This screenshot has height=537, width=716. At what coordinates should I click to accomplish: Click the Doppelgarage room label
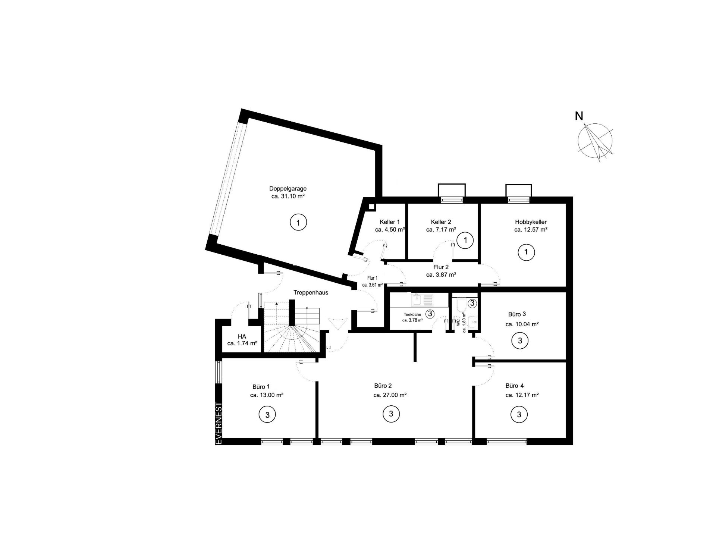click(288, 189)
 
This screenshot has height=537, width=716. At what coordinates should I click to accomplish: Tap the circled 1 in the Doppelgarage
click(298, 223)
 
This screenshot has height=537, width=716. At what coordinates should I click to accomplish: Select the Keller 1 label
click(390, 222)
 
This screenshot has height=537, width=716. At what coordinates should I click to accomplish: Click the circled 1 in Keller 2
click(465, 241)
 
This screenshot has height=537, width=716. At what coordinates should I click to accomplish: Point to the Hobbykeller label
click(531, 222)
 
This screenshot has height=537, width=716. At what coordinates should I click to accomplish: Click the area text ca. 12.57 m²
click(531, 230)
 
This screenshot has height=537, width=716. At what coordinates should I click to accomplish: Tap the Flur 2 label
click(441, 267)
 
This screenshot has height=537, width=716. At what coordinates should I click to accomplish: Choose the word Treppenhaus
click(311, 293)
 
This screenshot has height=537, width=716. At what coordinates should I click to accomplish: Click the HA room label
click(242, 336)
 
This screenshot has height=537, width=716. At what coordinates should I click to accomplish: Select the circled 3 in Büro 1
click(267, 415)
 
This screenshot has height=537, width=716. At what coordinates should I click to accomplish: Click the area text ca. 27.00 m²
click(390, 395)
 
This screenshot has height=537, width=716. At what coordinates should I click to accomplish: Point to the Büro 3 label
click(517, 314)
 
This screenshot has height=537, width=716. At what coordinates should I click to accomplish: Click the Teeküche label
click(412, 314)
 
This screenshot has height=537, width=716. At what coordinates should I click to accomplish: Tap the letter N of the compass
click(579, 116)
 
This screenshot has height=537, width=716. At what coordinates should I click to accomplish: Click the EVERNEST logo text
click(219, 423)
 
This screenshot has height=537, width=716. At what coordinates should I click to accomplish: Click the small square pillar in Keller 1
click(371, 207)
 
